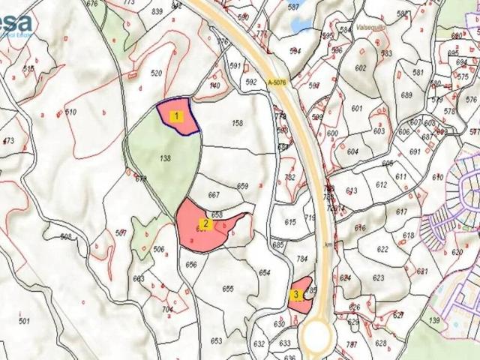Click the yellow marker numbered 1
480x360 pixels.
point(176,116)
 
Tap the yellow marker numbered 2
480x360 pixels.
point(206,223)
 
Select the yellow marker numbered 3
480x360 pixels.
point(297,295)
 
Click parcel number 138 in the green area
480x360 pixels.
point(166,158)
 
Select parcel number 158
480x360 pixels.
point(238,123)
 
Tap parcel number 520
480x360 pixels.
point(156,73)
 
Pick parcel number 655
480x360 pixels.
point(228,289)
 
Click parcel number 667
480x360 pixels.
point(214,195)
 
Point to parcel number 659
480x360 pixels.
point(242,186)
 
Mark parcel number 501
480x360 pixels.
point(24,321)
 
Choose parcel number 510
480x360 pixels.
point(71,112)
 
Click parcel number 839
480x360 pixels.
point(157,12)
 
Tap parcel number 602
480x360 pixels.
point(361,68)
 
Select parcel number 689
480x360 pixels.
point(406,95)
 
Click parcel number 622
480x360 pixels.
point(382,249)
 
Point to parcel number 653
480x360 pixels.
point(216,340)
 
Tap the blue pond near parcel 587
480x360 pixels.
point(302,25)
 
